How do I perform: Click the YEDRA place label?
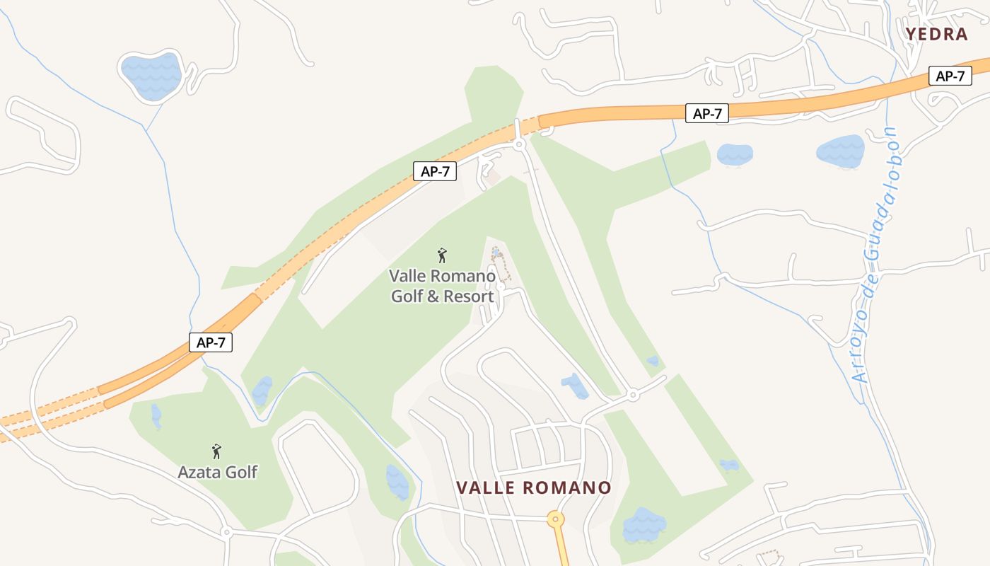936,34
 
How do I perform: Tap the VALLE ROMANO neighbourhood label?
533,487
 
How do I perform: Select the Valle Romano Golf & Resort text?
443,286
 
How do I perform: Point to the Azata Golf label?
217,471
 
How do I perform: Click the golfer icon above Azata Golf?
216,451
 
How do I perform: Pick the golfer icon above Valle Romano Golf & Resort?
442,255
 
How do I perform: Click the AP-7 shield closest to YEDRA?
950,76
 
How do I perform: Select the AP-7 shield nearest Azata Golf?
211,342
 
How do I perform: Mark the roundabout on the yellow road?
556,519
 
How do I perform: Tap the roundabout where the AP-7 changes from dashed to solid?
520,144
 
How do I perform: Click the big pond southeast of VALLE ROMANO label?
643,526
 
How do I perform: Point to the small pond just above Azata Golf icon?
156,417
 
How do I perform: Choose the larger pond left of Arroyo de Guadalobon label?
840,151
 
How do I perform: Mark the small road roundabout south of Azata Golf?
226,531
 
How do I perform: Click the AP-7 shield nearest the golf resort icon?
435,171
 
